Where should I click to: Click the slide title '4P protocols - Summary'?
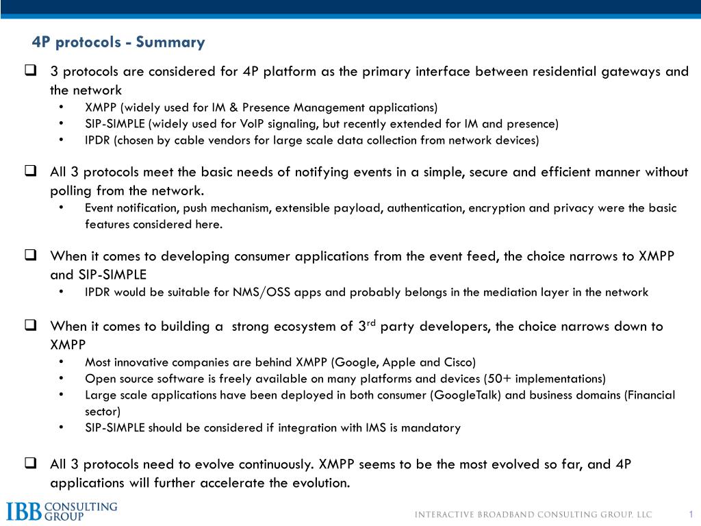[118, 42]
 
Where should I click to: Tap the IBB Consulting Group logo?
[62, 511]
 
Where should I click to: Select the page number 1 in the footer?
[691, 514]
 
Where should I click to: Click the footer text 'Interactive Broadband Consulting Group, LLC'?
[534, 515]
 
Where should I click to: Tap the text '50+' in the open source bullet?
[502, 379]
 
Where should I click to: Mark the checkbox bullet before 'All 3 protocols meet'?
[31, 171]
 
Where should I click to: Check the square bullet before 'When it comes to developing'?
[31, 256]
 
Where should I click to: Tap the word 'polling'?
[71, 190]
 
